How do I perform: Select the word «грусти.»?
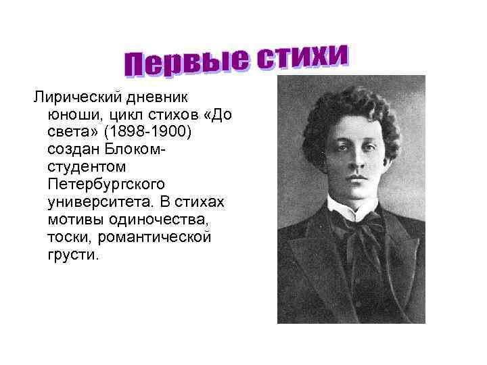(73, 255)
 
